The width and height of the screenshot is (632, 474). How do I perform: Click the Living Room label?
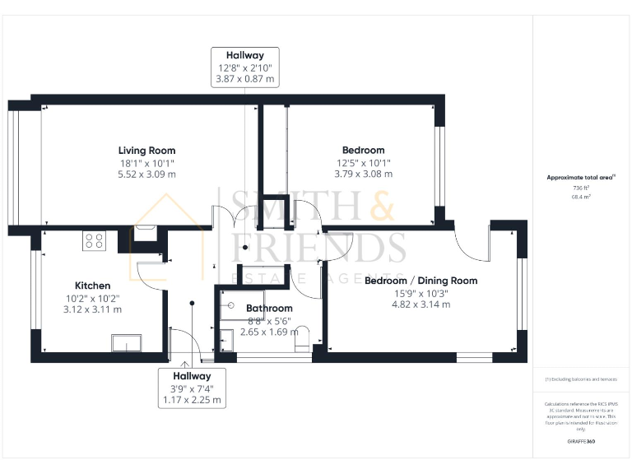(146, 151)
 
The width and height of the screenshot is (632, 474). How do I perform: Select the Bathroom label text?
(269, 309)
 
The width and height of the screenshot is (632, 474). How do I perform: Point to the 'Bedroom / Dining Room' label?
(421, 281)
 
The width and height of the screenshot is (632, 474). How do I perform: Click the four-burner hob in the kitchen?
(94, 241)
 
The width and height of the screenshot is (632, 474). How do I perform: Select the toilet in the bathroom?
(301, 338)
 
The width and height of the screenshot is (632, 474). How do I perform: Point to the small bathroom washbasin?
(225, 338)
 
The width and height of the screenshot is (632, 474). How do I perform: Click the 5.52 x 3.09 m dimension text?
(146, 174)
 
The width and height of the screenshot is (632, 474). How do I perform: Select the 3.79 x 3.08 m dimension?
(363, 174)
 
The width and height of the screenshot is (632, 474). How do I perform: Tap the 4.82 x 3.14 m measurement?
(421, 304)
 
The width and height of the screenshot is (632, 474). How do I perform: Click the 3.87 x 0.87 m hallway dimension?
(244, 80)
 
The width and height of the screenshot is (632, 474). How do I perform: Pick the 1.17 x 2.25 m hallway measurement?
(191, 400)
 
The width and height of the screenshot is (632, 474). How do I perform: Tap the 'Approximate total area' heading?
(580, 177)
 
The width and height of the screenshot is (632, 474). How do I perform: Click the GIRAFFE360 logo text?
(581, 442)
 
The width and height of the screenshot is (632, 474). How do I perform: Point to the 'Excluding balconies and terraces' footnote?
(581, 379)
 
